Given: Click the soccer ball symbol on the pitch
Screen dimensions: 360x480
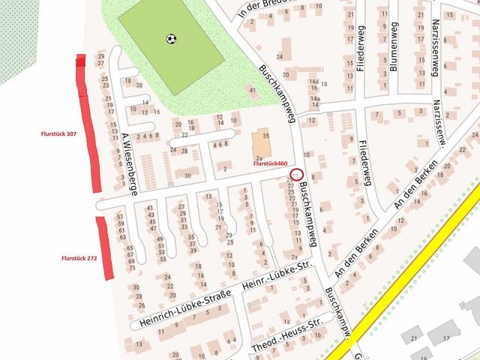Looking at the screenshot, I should (x=171, y=38).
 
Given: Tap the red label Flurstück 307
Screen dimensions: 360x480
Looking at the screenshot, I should (x=59, y=133).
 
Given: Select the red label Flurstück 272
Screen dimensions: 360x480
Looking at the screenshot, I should (x=79, y=258).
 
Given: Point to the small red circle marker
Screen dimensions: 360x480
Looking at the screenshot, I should (x=293, y=175).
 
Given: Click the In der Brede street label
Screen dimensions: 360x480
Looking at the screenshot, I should (x=263, y=10).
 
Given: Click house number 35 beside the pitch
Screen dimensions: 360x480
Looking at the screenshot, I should (x=265, y=135).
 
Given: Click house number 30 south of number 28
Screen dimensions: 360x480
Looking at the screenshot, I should (x=187, y=175).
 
